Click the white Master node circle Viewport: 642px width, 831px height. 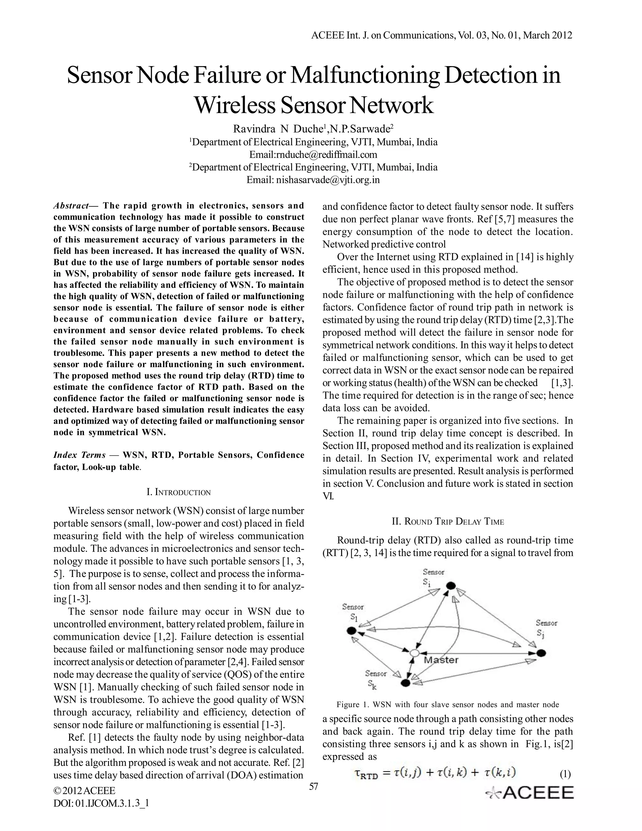(414, 653)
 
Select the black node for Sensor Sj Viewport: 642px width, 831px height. (541, 653)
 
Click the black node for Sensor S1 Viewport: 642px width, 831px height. (352, 631)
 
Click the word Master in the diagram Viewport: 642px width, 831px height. (441, 660)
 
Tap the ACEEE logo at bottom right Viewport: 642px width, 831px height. (529, 792)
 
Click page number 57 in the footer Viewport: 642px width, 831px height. (313, 786)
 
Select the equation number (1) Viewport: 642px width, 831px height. (565, 774)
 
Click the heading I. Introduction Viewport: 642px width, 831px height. (178, 492)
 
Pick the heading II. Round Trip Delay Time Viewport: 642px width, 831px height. (448, 522)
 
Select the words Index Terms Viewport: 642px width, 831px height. (80, 455)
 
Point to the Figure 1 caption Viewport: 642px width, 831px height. (448, 704)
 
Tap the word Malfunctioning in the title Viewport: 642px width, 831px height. (364, 75)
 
